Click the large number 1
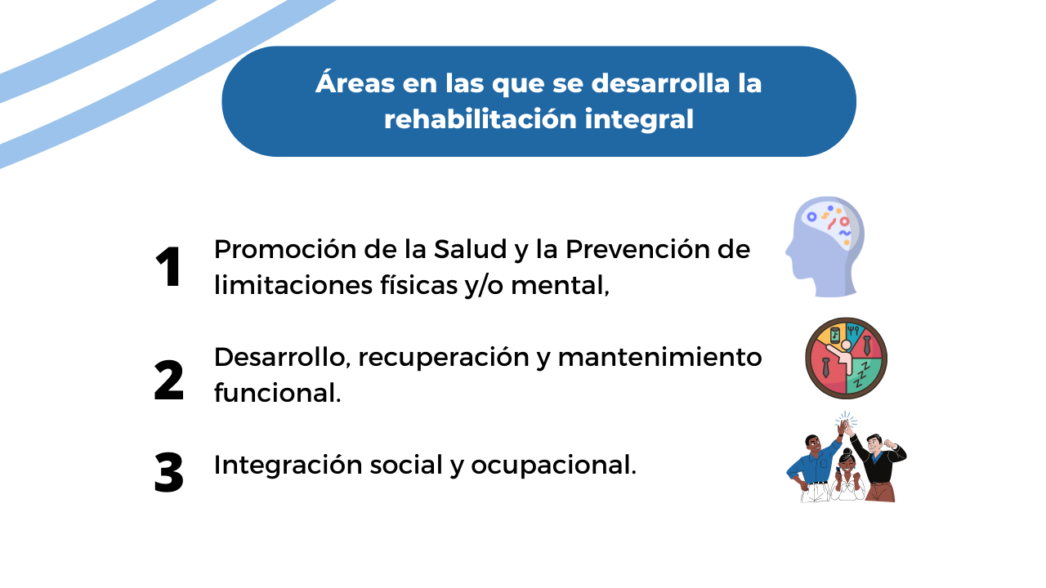[168, 267]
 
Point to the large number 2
[168, 380]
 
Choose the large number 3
[168, 472]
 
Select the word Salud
[470, 249]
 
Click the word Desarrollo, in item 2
[283, 358]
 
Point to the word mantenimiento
[659, 358]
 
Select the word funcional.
[277, 392]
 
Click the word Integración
[288, 465]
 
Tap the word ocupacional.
[553, 465]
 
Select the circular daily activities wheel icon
[846, 359]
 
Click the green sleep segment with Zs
[863, 376]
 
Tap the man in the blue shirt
[815, 466]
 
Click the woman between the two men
[847, 476]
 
